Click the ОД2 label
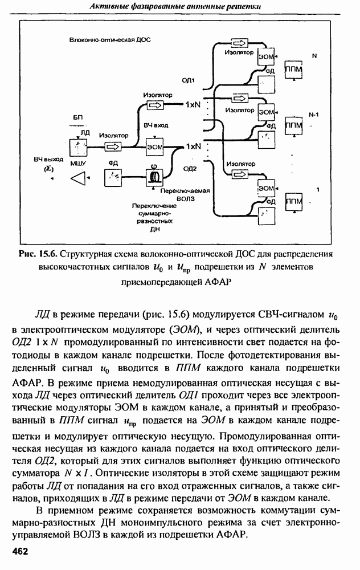click(x=190, y=169)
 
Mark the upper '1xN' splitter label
click(x=194, y=105)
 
